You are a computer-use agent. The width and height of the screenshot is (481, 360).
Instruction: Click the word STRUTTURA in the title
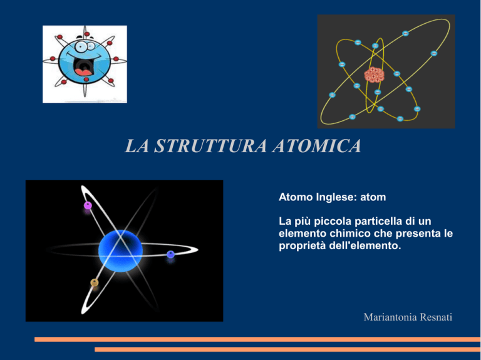(210, 146)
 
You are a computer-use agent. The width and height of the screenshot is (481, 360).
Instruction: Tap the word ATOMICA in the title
(316, 146)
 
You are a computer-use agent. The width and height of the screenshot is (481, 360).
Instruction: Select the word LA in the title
(137, 146)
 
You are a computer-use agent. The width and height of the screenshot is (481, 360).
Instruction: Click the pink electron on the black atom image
(88, 205)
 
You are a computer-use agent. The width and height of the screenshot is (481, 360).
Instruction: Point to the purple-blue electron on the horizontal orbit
(170, 254)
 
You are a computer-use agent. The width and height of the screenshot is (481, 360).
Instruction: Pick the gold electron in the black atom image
(95, 283)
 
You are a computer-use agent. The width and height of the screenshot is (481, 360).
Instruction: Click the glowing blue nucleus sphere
(120, 251)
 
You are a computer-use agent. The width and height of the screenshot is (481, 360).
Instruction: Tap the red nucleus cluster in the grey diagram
(375, 75)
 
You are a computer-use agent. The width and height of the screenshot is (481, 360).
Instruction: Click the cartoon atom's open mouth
(83, 67)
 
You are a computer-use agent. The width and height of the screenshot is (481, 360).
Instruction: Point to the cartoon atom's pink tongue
(83, 73)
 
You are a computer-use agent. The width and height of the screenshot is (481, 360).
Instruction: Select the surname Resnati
(436, 317)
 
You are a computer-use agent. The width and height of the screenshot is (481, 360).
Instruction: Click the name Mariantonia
(390, 317)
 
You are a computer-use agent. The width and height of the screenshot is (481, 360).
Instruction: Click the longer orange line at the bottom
(257, 339)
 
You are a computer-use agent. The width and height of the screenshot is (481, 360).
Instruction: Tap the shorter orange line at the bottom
(287, 349)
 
